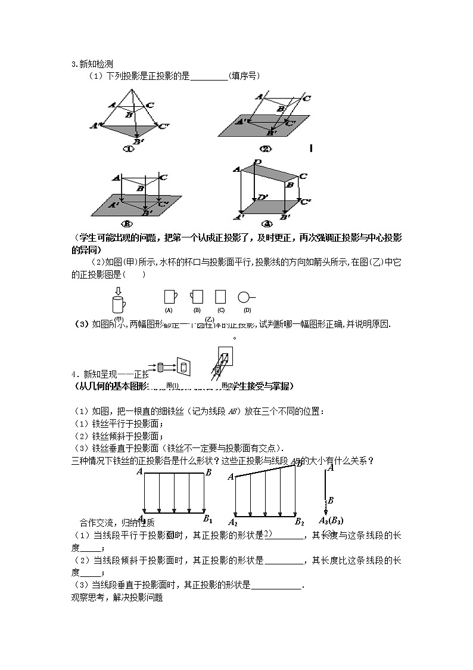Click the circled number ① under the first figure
tap(127, 149)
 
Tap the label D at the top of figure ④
tap(257, 162)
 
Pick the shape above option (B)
tap(197, 297)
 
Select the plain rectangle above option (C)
tap(221, 297)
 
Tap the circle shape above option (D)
tap(245, 297)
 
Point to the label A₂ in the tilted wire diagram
tap(233, 521)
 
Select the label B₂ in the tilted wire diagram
tap(299, 521)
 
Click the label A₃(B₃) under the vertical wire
tap(332, 520)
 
